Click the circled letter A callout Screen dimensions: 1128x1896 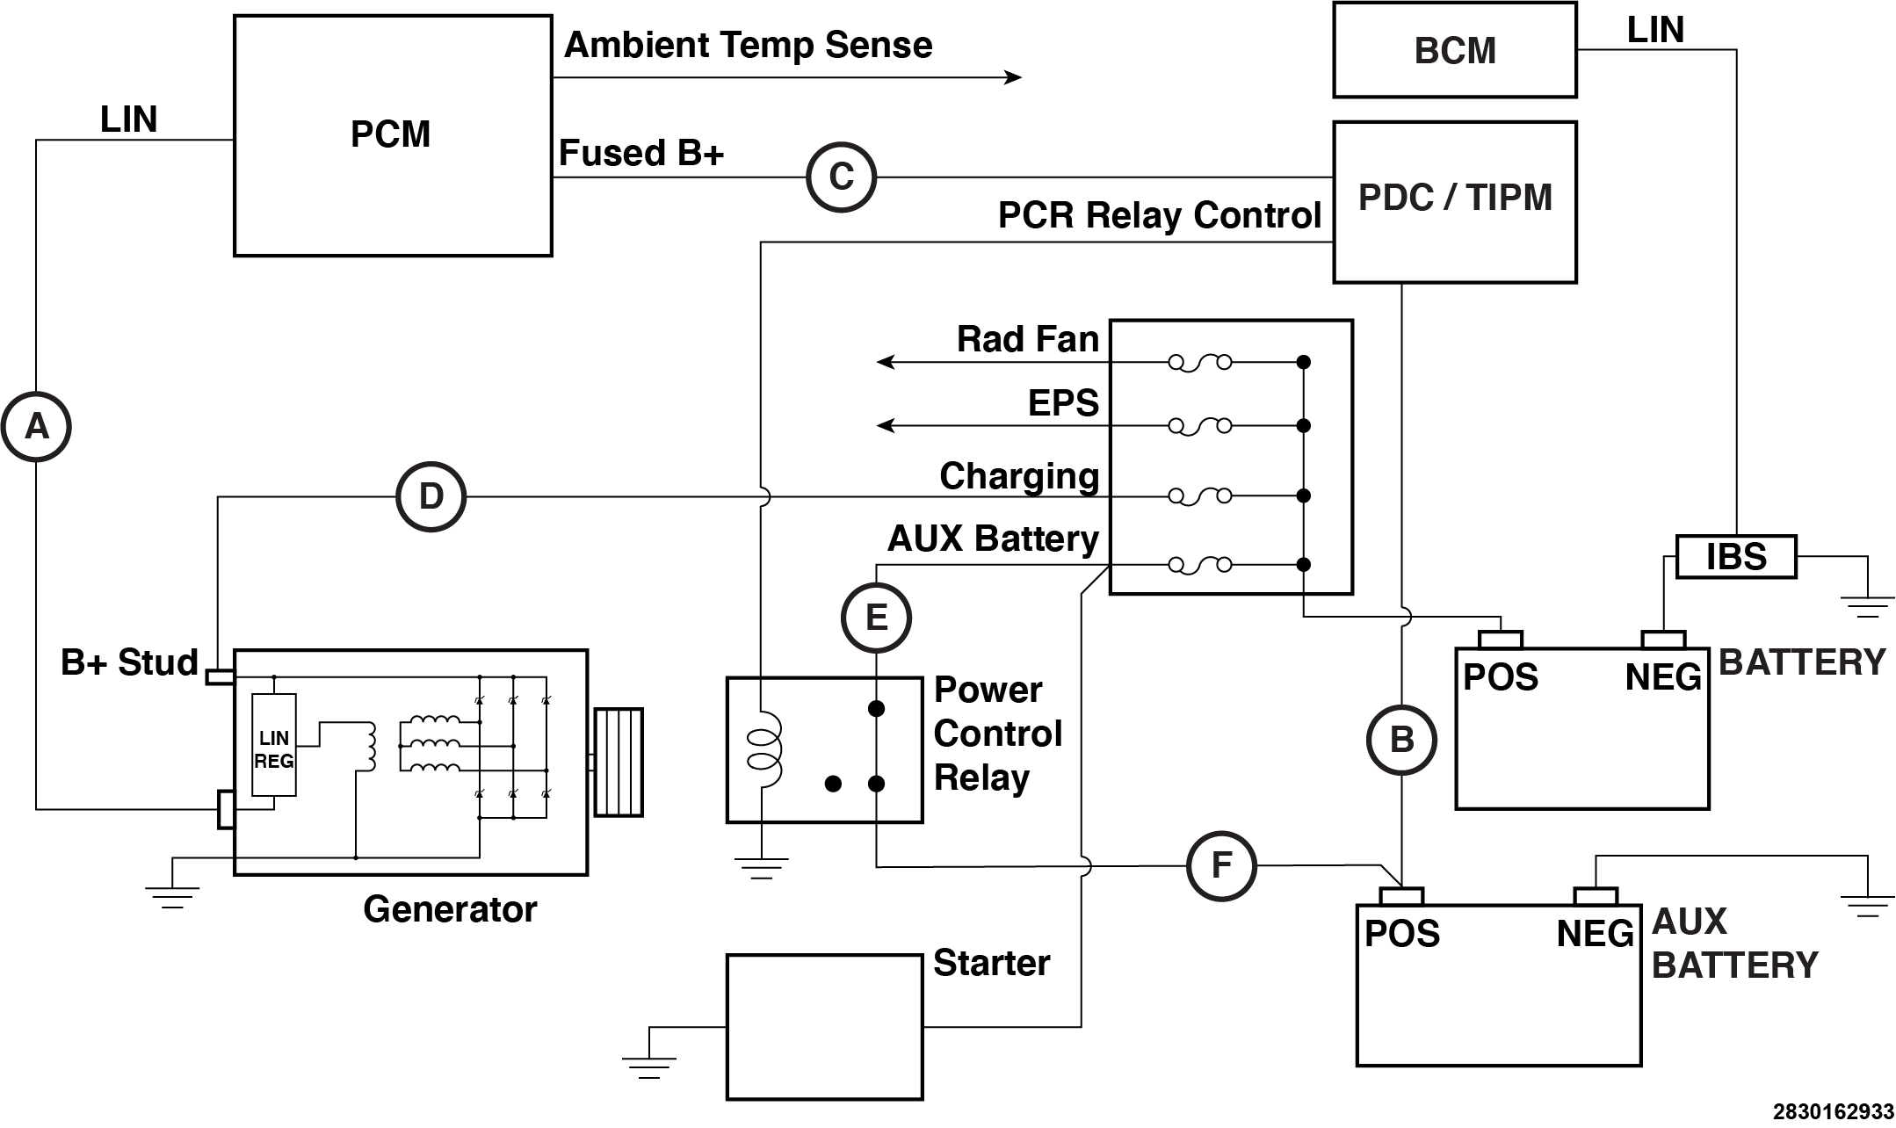point(36,427)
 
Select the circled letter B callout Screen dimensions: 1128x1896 point(1401,740)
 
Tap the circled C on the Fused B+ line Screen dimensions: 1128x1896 point(841,177)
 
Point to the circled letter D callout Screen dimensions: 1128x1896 point(431,497)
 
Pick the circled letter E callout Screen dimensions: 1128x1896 point(876,618)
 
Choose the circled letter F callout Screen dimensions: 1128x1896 point(1221,865)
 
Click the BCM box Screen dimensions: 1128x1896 point(1454,50)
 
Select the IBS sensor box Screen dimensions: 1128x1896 point(1735,557)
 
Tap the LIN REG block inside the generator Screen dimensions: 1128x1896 point(273,745)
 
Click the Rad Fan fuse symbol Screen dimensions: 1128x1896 point(1199,362)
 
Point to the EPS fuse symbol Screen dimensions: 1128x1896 point(1199,426)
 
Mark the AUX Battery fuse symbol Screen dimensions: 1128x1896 point(1199,565)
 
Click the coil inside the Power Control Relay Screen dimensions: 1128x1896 point(763,749)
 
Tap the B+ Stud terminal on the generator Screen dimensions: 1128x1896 point(220,676)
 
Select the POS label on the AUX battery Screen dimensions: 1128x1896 point(1401,934)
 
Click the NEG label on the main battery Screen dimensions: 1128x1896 point(1663,677)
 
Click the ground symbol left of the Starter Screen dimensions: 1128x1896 point(648,1066)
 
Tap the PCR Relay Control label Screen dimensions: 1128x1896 point(1159,215)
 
